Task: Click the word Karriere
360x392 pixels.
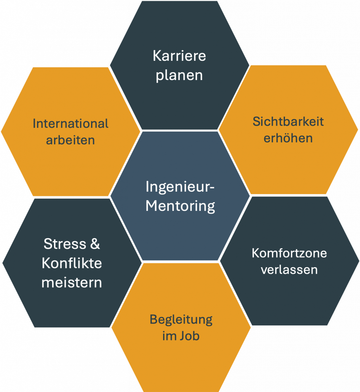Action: tap(179, 56)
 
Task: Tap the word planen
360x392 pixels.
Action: tap(179, 75)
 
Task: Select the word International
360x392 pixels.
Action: tap(70, 124)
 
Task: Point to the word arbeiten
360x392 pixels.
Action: tap(70, 140)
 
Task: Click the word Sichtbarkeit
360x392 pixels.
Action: tap(288, 122)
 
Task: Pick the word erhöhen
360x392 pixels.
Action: tap(288, 138)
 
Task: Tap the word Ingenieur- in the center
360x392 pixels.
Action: tap(180, 188)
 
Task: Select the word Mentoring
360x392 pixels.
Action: tap(180, 206)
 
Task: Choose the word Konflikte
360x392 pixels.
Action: tap(72, 263)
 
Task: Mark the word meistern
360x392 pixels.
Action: tap(72, 283)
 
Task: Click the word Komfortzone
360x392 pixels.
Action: tap(289, 253)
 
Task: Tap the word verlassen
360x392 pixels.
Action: tap(289, 269)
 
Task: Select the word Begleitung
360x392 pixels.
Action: tap(181, 319)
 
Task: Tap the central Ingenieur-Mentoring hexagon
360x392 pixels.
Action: tap(180, 230)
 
